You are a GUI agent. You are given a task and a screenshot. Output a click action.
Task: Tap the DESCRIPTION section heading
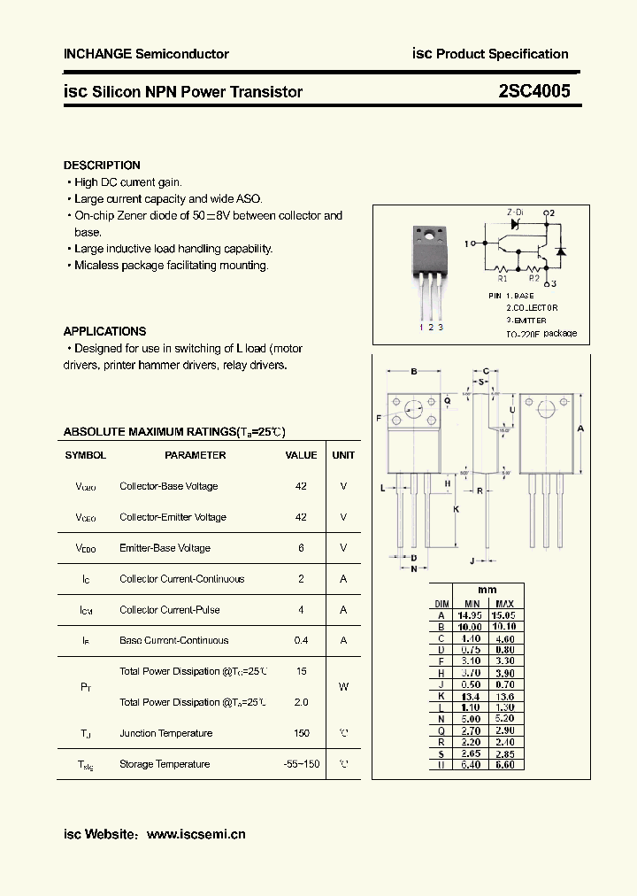click(102, 166)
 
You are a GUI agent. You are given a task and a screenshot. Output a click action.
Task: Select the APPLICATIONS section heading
click(104, 331)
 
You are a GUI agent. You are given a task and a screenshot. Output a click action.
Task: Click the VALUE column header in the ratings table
click(301, 455)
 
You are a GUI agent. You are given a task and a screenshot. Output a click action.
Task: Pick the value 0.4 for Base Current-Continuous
click(301, 640)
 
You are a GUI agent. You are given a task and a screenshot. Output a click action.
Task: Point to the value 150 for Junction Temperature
click(301, 733)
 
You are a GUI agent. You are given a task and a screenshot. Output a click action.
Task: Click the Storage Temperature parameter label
click(165, 764)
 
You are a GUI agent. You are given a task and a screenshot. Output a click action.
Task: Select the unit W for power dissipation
click(343, 686)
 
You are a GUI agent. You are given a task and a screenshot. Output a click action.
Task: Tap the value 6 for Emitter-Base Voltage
click(301, 548)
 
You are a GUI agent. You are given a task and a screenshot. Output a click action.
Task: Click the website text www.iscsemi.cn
click(196, 834)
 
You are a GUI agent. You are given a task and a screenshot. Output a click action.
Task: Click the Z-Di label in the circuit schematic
click(514, 213)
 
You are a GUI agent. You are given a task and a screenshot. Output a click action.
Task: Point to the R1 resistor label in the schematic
click(503, 277)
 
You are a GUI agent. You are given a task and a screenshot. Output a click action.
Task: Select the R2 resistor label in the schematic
click(534, 277)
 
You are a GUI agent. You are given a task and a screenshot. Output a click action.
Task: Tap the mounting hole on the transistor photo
click(429, 236)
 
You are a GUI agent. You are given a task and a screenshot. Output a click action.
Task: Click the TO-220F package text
click(541, 334)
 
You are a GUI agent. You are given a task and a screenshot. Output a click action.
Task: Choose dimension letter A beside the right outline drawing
click(580, 429)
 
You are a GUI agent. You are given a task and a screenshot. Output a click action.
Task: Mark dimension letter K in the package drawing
click(457, 509)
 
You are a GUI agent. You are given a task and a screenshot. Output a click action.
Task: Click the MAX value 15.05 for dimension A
click(503, 614)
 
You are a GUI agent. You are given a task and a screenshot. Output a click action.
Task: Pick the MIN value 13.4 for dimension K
click(470, 696)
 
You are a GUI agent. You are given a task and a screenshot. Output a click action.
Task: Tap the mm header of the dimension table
click(487, 591)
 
